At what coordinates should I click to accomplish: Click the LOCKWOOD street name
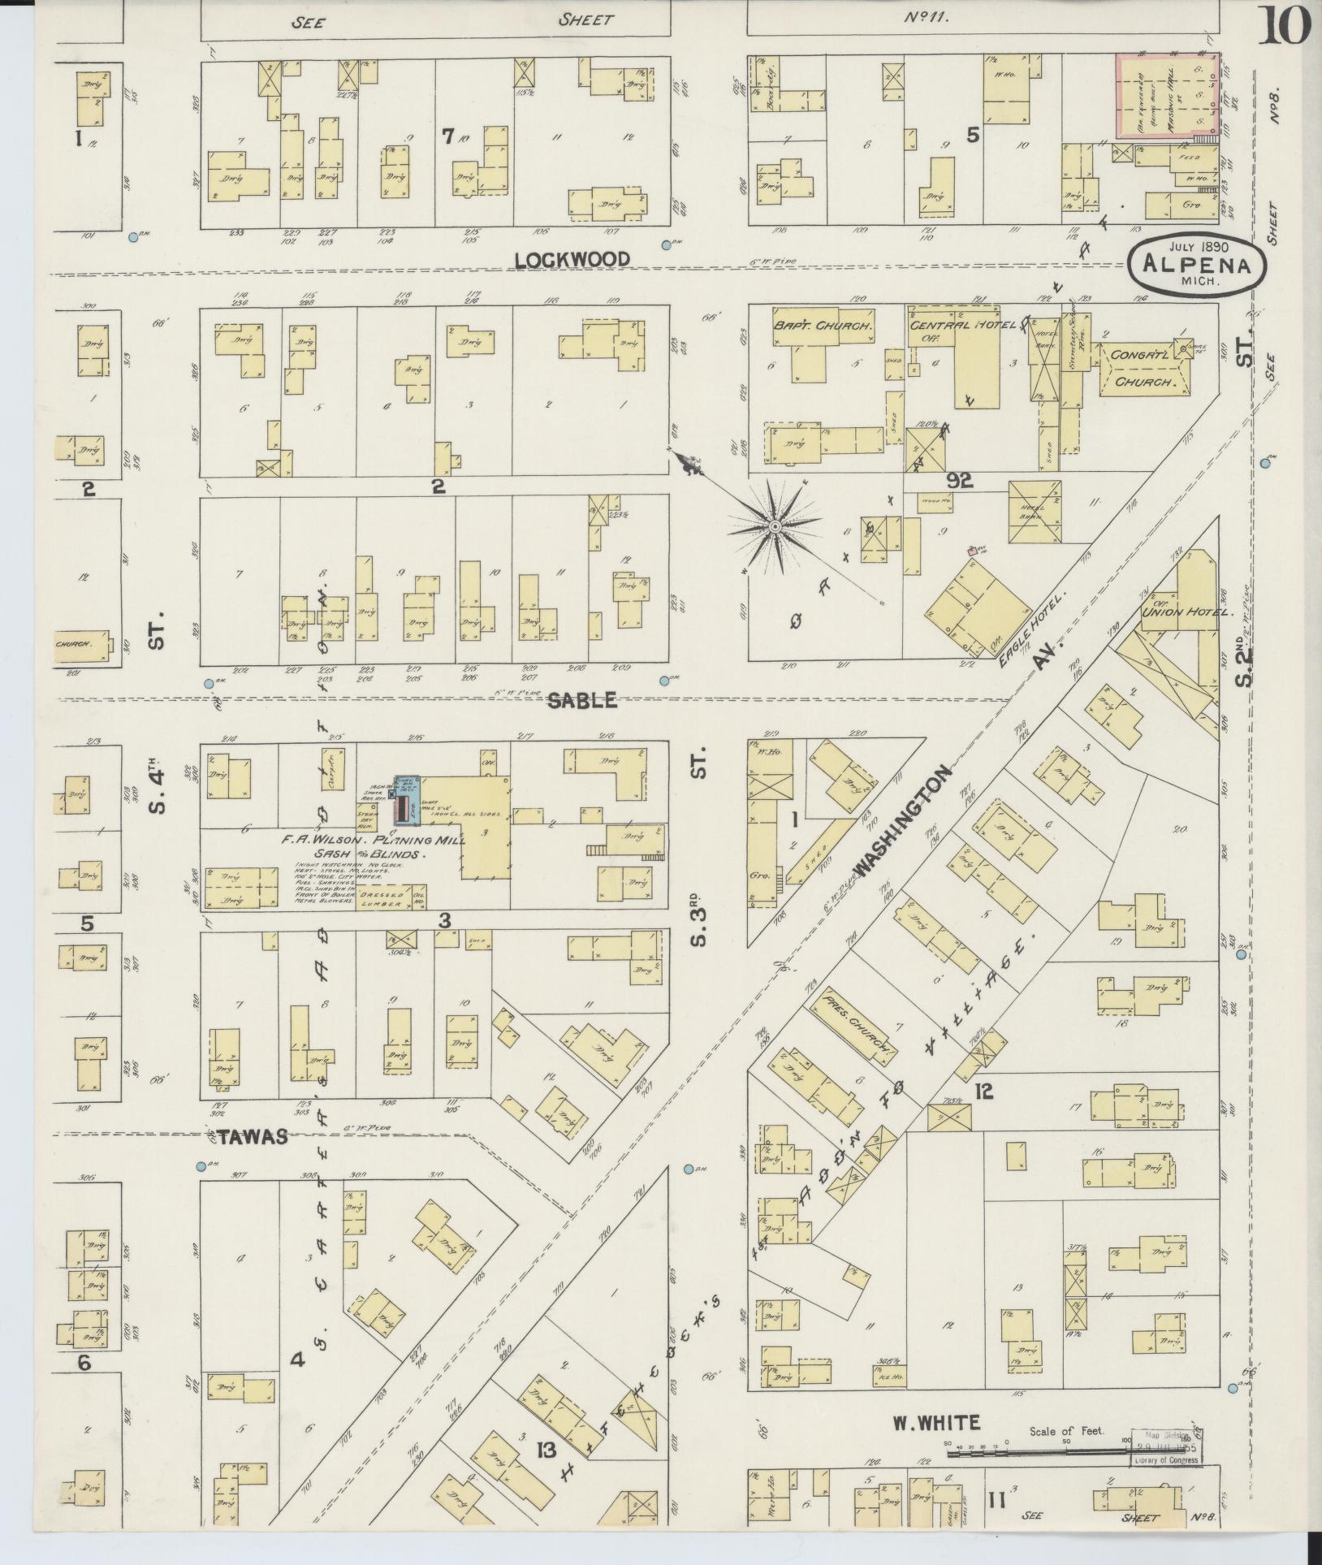click(572, 259)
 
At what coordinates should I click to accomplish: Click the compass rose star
click(775, 528)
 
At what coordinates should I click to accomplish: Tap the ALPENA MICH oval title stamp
click(1198, 265)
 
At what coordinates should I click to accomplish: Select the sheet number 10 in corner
click(1285, 27)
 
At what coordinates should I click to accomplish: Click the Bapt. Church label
click(821, 324)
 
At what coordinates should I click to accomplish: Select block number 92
click(959, 482)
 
